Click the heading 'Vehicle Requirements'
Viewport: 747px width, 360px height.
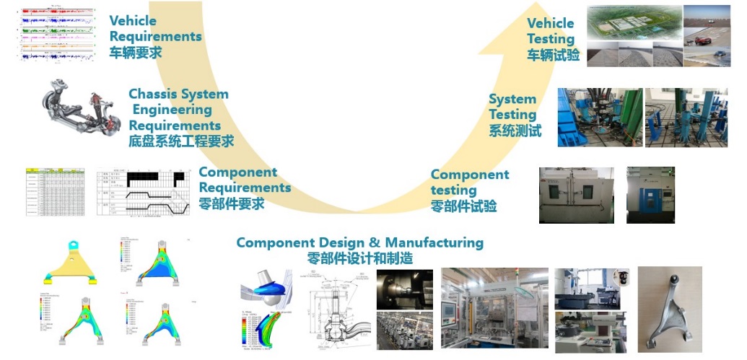[x=155, y=28]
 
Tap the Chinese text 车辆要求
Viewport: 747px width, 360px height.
[x=136, y=53]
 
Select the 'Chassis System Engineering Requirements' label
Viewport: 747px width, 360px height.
[x=178, y=110]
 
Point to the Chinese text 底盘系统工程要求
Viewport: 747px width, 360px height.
[x=181, y=141]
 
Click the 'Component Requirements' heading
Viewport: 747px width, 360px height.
[x=245, y=180]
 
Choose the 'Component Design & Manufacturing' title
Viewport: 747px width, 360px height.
[x=359, y=242]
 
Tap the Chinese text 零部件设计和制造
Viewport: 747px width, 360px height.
[x=359, y=258]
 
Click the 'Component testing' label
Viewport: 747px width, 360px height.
[x=469, y=182]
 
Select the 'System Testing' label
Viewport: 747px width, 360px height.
[x=512, y=107]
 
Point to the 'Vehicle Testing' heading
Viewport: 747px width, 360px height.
[x=550, y=31]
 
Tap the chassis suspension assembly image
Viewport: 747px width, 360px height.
[x=82, y=109]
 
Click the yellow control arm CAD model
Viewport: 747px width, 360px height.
[x=70, y=263]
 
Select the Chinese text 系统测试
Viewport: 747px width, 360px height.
[x=515, y=131]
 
